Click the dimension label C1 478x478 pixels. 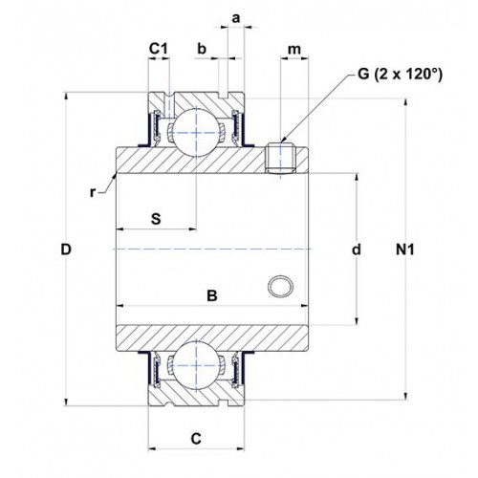pyautogui.click(x=159, y=49)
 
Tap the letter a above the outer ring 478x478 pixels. pyautogui.click(x=236, y=19)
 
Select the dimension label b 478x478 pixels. pyautogui.click(x=202, y=49)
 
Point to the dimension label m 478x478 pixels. pyautogui.click(x=294, y=50)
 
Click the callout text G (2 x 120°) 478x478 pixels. pyautogui.click(x=401, y=75)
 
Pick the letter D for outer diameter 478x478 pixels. pyautogui.click(x=66, y=250)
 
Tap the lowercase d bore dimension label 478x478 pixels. pyautogui.click(x=357, y=250)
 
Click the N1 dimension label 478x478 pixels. pyautogui.click(x=405, y=250)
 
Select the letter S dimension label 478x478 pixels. pyautogui.click(x=156, y=219)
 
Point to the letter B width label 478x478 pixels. pyautogui.click(x=212, y=295)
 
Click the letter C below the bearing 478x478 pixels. pyautogui.click(x=196, y=439)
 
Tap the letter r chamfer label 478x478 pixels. pyautogui.click(x=93, y=192)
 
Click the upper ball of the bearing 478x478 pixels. pyautogui.click(x=196, y=132)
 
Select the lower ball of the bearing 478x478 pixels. pyautogui.click(x=196, y=365)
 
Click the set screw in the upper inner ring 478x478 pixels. pyautogui.click(x=281, y=159)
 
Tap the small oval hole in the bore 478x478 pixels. pyautogui.click(x=281, y=286)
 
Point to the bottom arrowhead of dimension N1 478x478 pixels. pyautogui.click(x=406, y=396)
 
